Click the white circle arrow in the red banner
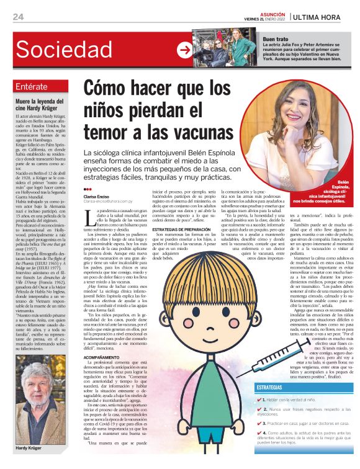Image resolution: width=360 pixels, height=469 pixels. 184,50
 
